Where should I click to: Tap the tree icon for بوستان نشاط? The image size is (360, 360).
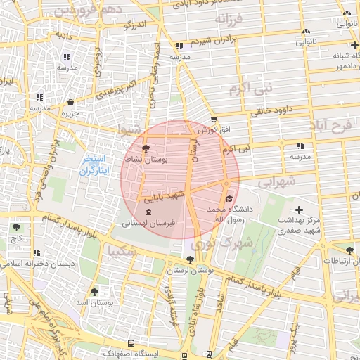145,149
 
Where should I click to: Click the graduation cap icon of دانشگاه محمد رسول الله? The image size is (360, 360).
229,198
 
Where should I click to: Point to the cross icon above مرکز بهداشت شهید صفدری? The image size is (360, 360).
300,210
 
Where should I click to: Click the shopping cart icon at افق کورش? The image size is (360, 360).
214,120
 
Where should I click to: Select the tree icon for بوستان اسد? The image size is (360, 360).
94,291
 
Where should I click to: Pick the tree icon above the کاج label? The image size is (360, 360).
16,227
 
